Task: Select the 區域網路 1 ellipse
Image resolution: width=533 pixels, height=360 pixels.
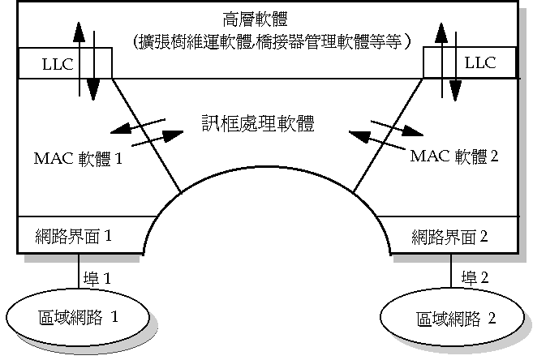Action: click(80, 315)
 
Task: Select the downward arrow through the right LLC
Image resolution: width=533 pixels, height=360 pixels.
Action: click(457, 73)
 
